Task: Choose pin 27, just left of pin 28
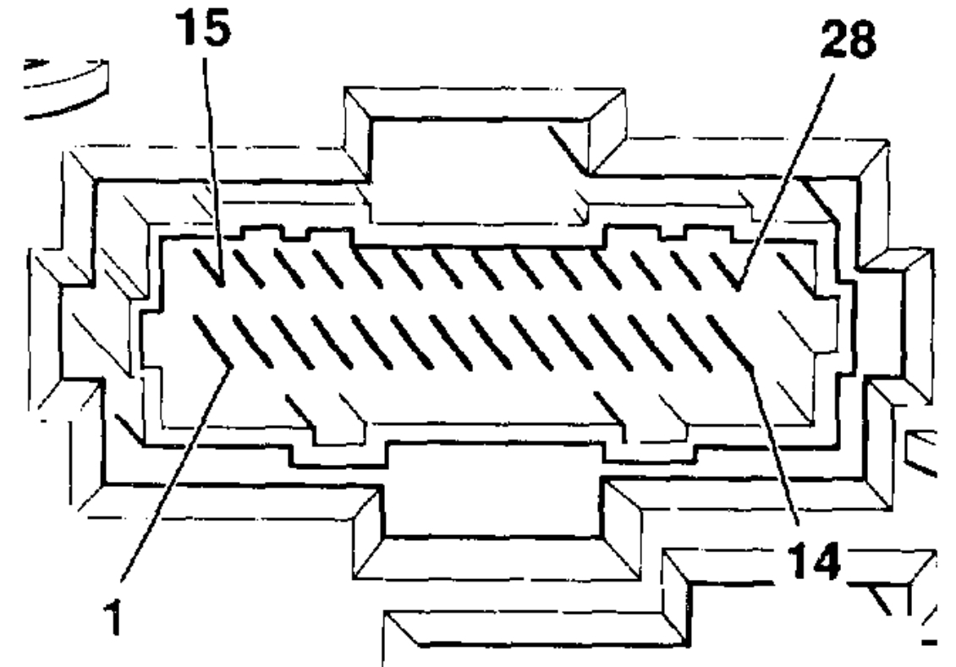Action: pyautogui.click(x=687, y=269)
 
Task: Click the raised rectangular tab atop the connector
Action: pyautogui.click(x=474, y=165)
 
